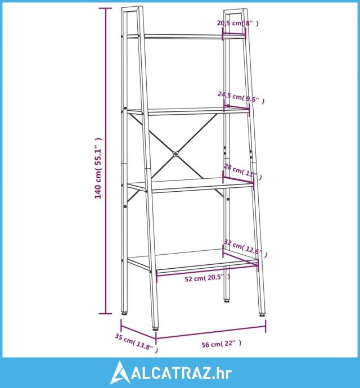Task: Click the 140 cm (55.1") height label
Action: pyautogui.click(x=98, y=168)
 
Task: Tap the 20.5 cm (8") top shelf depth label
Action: pyautogui.click(x=238, y=23)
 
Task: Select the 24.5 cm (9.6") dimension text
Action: pyautogui.click(x=241, y=97)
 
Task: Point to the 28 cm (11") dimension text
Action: pyautogui.click(x=242, y=172)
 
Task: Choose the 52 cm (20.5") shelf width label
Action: pyautogui.click(x=208, y=278)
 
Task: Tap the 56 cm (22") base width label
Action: pyautogui.click(x=222, y=344)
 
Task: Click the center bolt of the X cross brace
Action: pyautogui.click(x=175, y=154)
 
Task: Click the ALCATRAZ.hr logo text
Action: pyautogui.click(x=182, y=373)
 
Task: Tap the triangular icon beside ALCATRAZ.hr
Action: pyautogui.click(x=120, y=373)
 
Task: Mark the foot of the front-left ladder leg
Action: pyautogui.click(x=155, y=329)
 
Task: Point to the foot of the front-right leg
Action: pyautogui.click(x=262, y=314)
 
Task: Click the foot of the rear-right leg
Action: pyautogui.click(x=227, y=301)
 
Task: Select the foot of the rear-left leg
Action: pyautogui.click(x=124, y=314)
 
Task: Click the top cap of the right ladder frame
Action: pyautogui.click(x=235, y=11)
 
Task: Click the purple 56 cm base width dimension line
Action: pyautogui.click(x=211, y=332)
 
